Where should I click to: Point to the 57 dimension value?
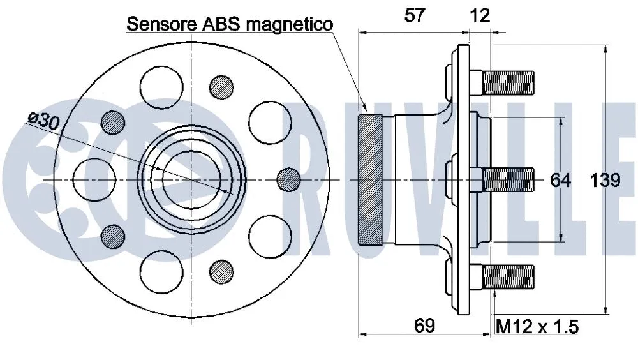(x=415, y=15)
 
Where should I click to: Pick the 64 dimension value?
(x=560, y=181)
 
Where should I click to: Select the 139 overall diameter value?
(x=605, y=181)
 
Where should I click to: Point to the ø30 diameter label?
(x=44, y=122)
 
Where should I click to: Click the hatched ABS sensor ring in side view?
(x=371, y=180)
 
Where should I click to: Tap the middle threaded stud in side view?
(x=508, y=179)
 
